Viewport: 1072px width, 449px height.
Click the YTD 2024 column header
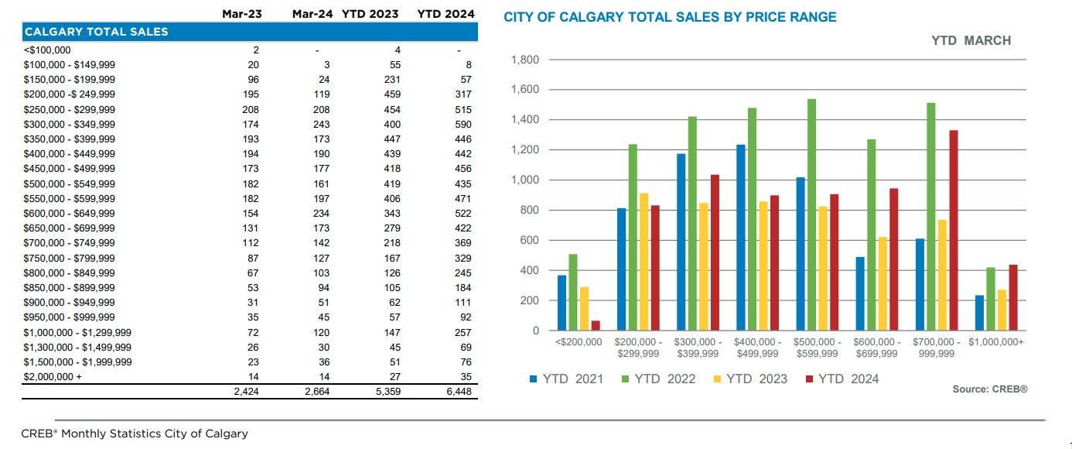446,14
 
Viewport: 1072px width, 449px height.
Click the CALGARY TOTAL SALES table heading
96,32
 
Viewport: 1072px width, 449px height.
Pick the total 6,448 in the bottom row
457,392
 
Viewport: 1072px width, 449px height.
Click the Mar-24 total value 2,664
315,392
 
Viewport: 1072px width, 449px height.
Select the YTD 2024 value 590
463,125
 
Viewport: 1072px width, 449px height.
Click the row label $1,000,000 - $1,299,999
77,332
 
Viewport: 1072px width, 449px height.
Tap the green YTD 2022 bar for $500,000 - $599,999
811,215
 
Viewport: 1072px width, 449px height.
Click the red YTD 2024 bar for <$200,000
595,326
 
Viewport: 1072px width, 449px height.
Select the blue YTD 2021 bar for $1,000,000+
978,313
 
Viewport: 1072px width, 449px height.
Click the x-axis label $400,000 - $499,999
756,348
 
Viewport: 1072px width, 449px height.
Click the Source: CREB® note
989,389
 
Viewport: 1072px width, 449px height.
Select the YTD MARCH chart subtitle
971,41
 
